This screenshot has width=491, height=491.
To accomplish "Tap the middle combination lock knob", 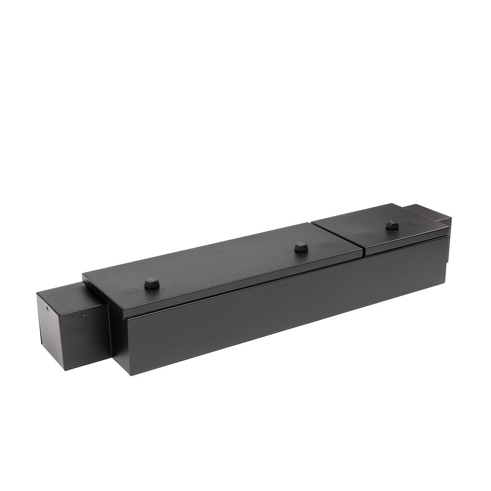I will pyautogui.click(x=301, y=247).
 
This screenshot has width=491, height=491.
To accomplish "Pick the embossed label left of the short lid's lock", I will pyautogui.click(x=362, y=235).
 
